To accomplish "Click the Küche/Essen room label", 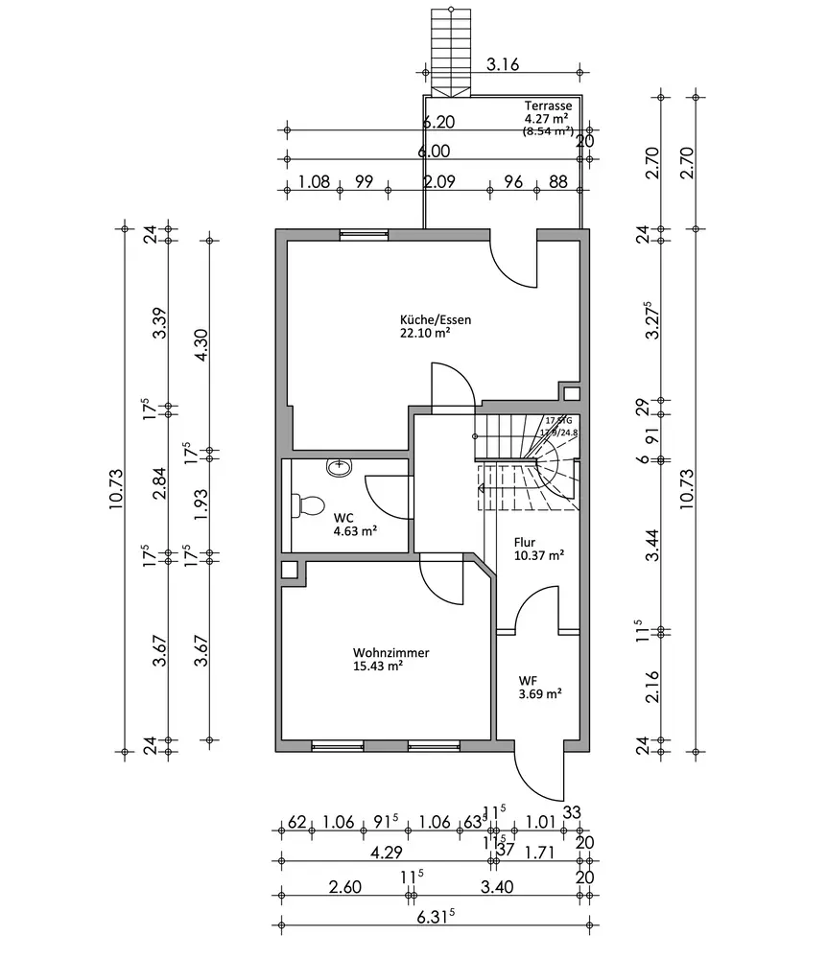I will (x=436, y=320).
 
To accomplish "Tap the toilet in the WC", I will (x=308, y=504).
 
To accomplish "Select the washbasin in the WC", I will (x=339, y=467).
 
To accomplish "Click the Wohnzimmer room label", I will (x=390, y=653).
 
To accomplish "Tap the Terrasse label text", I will (x=549, y=105).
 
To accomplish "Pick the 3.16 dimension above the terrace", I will (x=502, y=65).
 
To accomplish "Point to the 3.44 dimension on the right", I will (x=654, y=545).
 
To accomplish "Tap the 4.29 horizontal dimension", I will (x=387, y=852).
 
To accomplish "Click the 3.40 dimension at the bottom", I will (x=495, y=886).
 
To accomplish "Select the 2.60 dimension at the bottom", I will (x=343, y=886).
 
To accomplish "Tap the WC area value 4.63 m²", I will (x=354, y=530).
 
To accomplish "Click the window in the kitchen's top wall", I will (x=365, y=232).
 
